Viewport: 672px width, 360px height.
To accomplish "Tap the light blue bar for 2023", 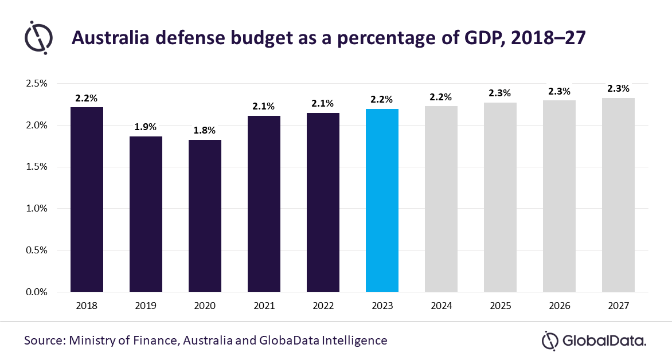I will pos(382,200).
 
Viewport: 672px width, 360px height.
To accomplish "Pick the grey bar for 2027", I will pos(618,195).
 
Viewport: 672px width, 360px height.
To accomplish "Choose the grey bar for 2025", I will pos(500,197).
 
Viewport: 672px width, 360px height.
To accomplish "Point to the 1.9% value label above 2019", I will pos(146,127).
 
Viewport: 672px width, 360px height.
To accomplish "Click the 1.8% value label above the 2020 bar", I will pos(205,130).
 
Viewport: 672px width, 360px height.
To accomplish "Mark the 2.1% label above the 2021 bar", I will pos(264,106).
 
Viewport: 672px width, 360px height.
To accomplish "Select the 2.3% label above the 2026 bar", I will pos(559,91).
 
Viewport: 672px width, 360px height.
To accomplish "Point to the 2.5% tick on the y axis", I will pos(37,84).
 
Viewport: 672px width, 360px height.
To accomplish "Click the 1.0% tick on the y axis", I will pos(37,209).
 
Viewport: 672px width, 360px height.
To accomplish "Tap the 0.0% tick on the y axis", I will pos(37,292).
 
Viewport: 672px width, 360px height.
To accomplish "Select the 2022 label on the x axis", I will pos(323,306).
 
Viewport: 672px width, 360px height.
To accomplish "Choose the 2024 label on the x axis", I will pos(441,306).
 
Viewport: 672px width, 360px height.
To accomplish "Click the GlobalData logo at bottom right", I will pos(594,341).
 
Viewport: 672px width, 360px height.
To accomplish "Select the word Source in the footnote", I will pos(44,341).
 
